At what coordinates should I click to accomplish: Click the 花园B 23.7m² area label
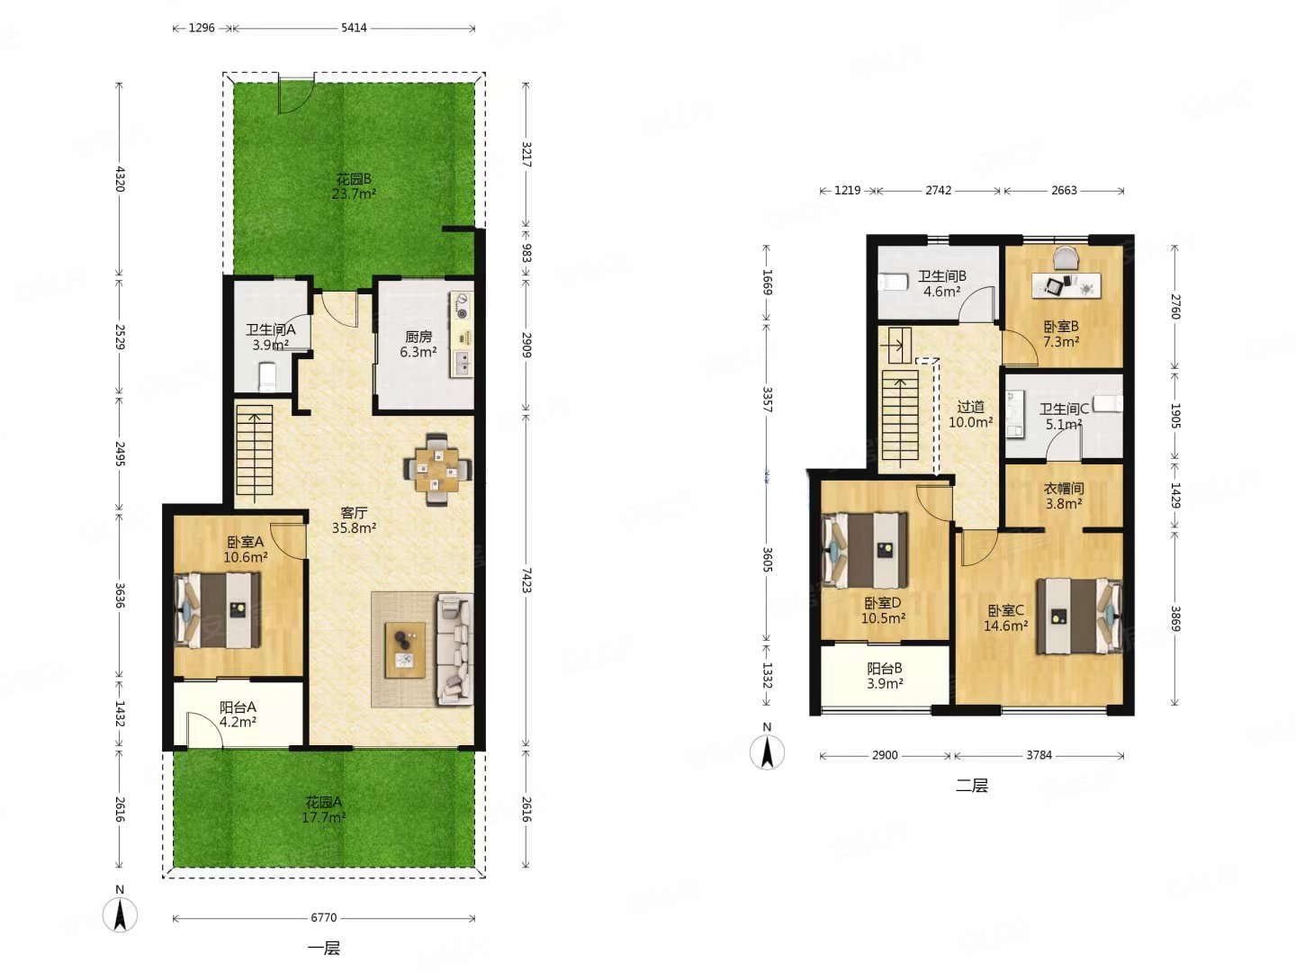[354, 186]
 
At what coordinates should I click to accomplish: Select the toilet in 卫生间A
[267, 376]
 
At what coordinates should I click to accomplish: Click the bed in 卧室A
[218, 610]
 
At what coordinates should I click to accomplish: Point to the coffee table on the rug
[404, 649]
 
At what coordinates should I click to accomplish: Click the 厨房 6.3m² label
[418, 344]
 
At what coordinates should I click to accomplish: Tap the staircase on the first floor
[255, 450]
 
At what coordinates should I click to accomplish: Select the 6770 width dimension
[324, 917]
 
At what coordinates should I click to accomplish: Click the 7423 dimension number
[526, 580]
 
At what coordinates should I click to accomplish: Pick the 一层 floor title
[324, 949]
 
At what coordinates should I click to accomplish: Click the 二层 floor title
[971, 786]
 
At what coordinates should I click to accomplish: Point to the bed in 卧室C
[1079, 616]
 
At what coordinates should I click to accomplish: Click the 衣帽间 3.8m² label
[1064, 496]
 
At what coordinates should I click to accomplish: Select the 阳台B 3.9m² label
[885, 676]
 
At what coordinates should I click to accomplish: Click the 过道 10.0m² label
[971, 414]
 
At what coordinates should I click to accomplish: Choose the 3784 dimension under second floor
[1039, 755]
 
